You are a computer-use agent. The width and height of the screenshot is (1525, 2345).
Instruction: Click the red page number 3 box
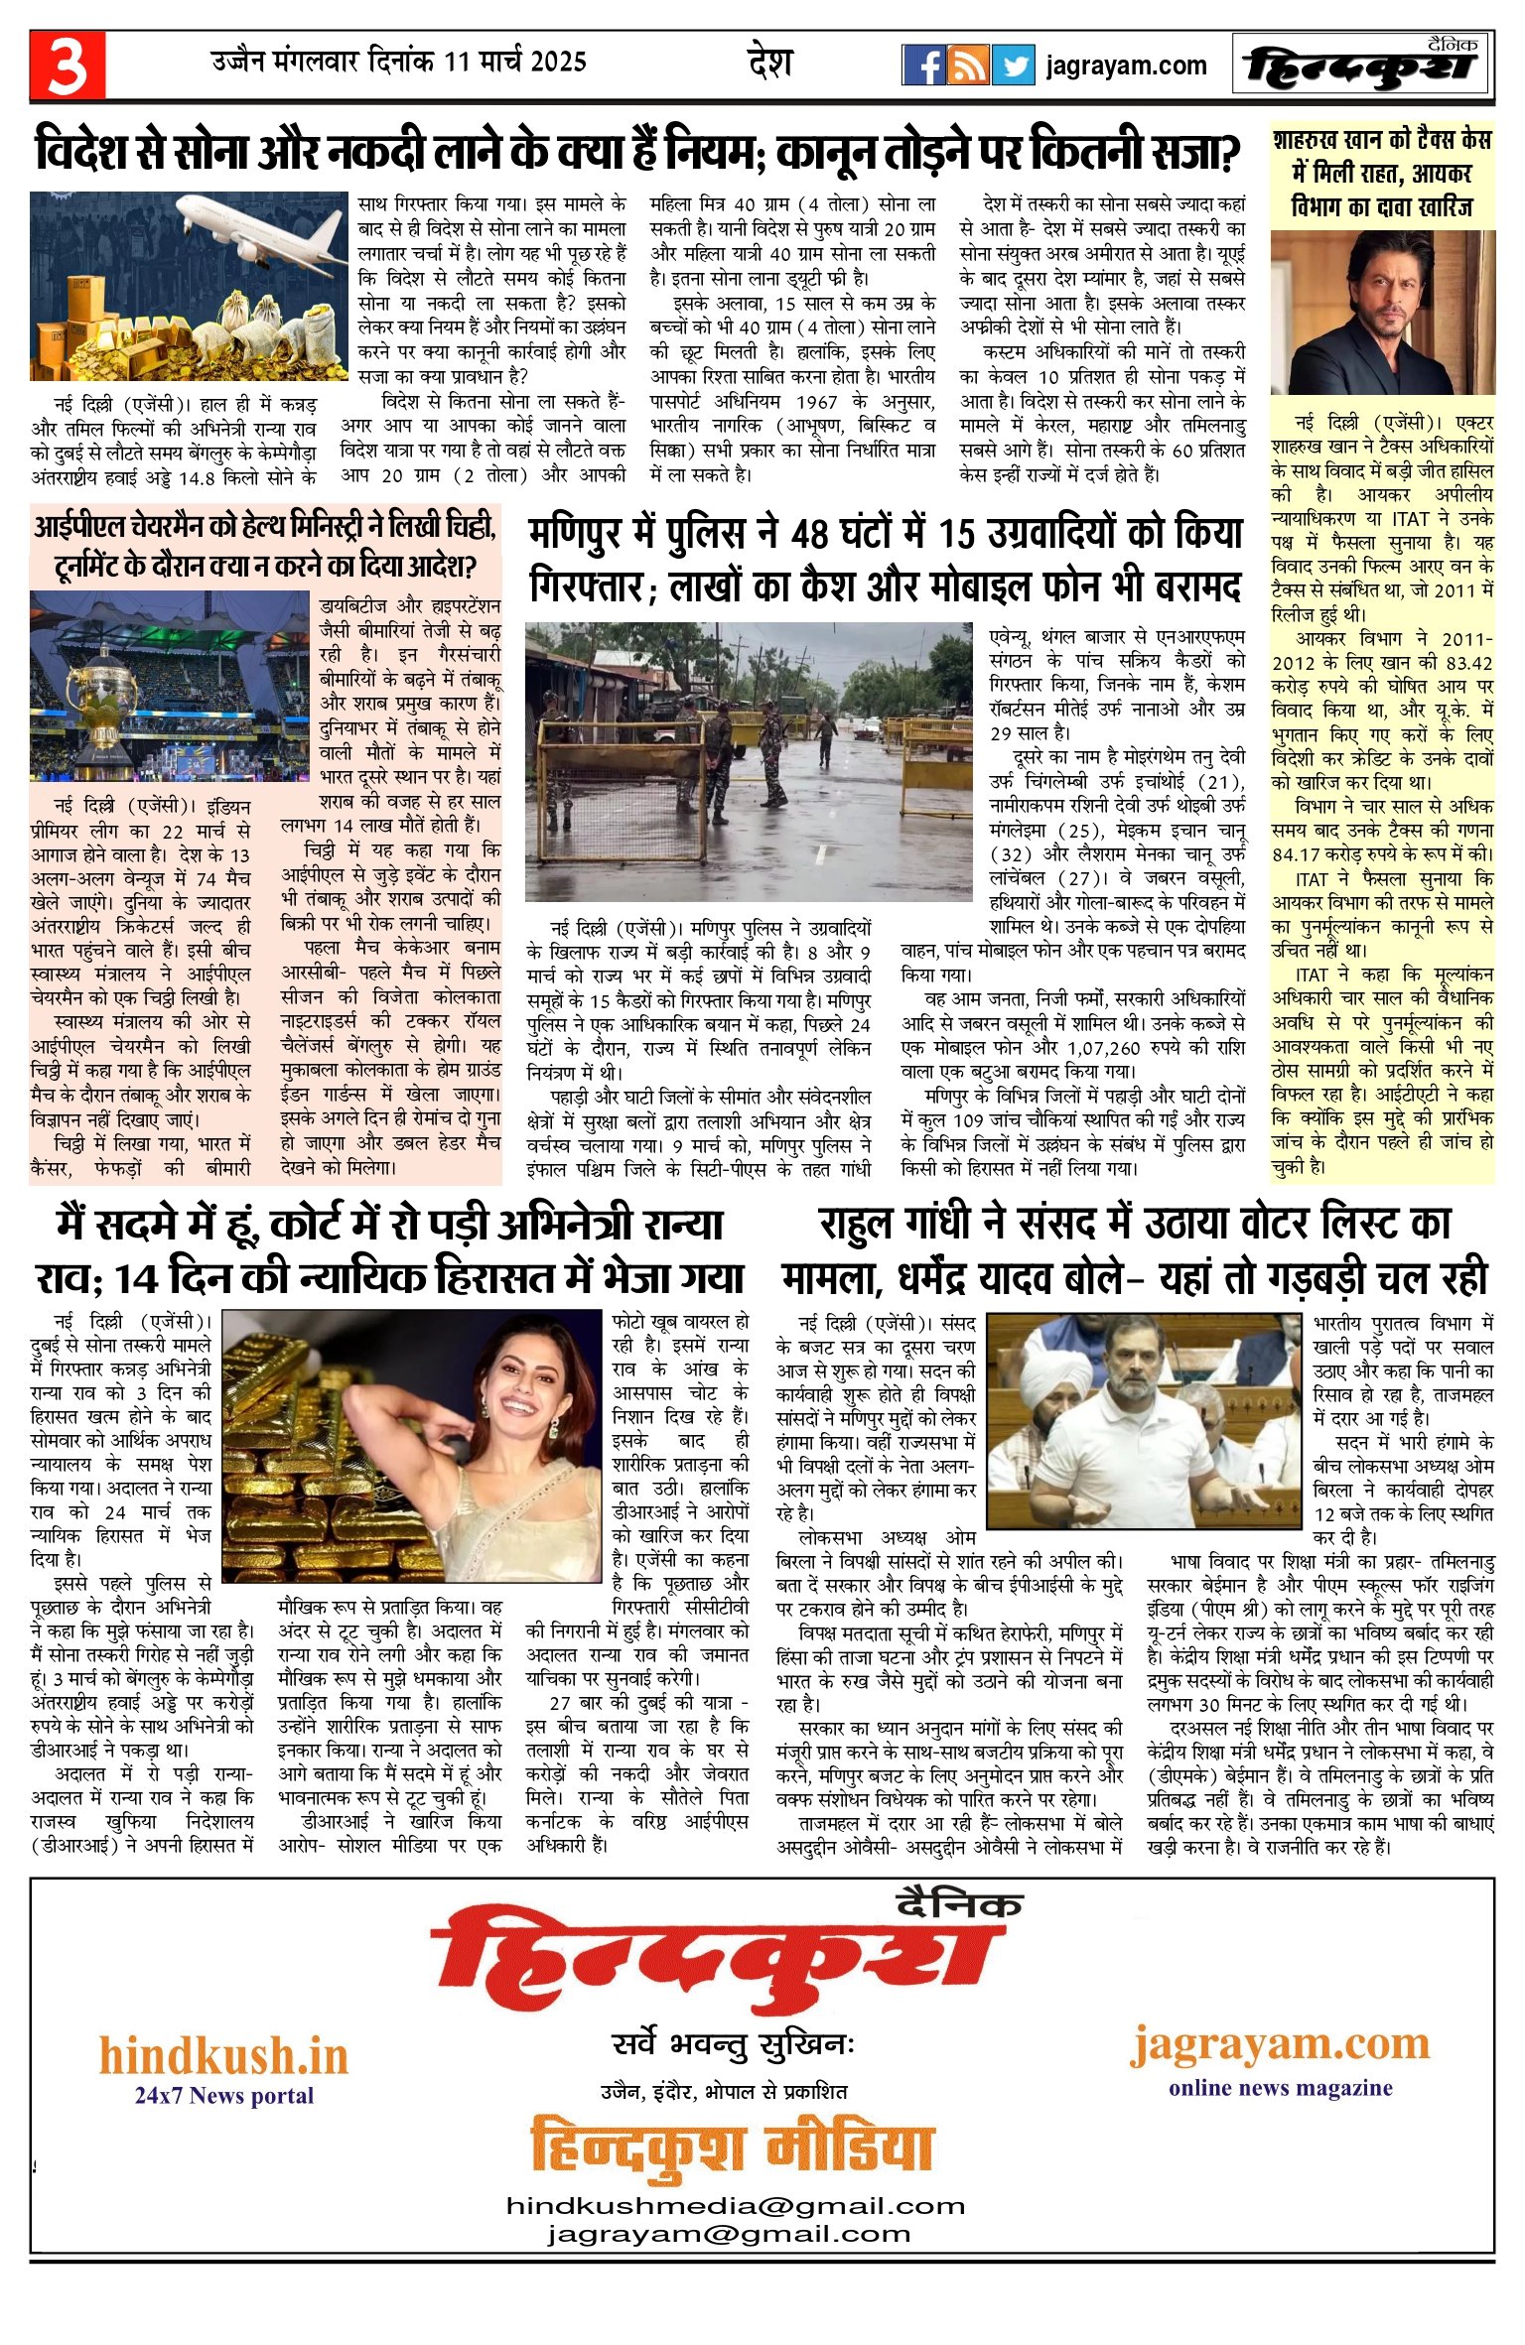pos(67,65)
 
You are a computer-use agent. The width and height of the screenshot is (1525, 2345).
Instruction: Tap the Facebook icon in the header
pos(923,65)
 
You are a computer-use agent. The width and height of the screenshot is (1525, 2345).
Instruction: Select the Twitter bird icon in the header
pos(1014,65)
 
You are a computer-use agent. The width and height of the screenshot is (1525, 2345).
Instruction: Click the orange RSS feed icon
pos(968,65)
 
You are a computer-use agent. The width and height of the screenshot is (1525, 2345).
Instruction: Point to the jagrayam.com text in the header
pos(1126,66)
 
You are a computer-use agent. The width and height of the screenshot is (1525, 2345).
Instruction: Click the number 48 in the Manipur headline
pos(819,535)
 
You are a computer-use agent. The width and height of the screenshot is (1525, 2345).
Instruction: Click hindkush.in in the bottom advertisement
pos(223,2055)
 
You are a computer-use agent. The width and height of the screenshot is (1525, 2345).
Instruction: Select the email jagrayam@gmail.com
pos(729,2234)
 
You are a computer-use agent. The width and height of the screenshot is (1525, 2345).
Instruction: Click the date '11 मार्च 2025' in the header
pos(515,62)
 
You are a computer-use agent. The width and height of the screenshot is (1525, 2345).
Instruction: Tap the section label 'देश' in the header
pos(769,63)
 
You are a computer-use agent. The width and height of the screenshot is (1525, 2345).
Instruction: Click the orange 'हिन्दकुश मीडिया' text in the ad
pos(732,2150)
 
